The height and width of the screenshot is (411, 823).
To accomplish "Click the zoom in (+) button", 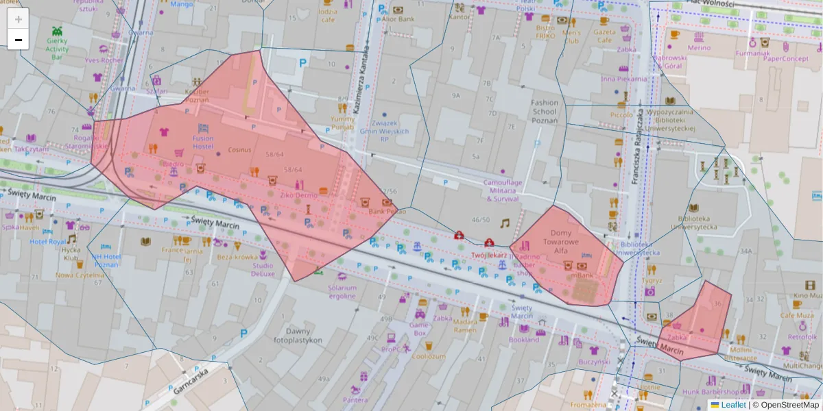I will click(19, 19).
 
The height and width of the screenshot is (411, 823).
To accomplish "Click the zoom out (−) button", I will click(19, 40).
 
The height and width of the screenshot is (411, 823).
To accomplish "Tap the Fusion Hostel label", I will click(203, 142).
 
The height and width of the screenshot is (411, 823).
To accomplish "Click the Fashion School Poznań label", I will click(545, 112).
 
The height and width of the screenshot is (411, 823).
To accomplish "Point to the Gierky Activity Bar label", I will click(58, 49).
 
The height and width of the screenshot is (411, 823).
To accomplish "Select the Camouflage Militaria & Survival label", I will click(503, 190).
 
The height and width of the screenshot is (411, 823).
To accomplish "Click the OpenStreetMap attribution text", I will click(786, 405).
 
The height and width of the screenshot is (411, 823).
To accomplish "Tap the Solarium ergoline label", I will click(342, 292).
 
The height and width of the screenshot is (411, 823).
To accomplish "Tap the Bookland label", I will click(524, 339).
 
